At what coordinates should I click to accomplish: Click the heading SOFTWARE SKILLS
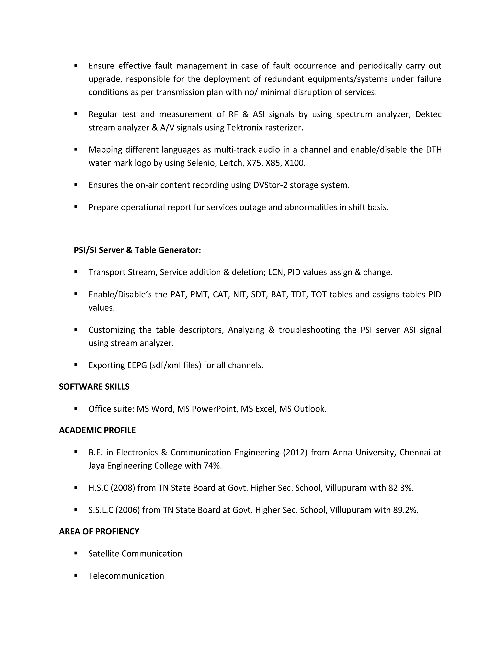94,387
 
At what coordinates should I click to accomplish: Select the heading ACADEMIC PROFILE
97,430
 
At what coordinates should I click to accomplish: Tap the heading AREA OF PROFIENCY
99,531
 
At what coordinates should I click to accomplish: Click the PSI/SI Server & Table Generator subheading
137,250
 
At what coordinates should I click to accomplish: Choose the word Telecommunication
126,576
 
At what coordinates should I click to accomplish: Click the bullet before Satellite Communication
76,553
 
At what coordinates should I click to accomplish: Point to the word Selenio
201,163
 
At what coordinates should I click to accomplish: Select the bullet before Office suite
76,408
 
